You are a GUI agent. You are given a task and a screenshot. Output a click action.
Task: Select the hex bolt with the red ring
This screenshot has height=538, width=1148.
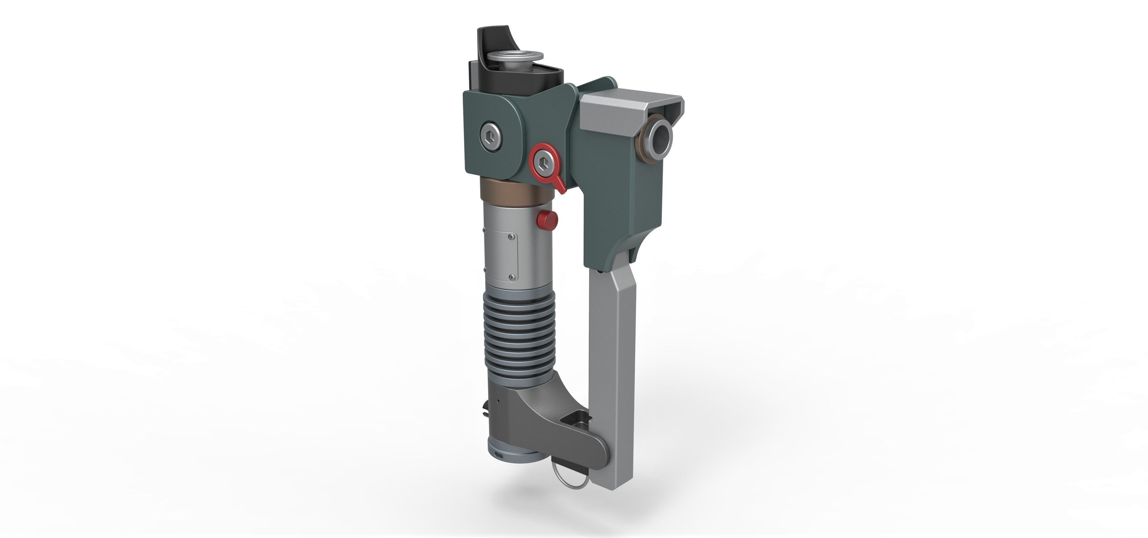pos(543,162)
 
